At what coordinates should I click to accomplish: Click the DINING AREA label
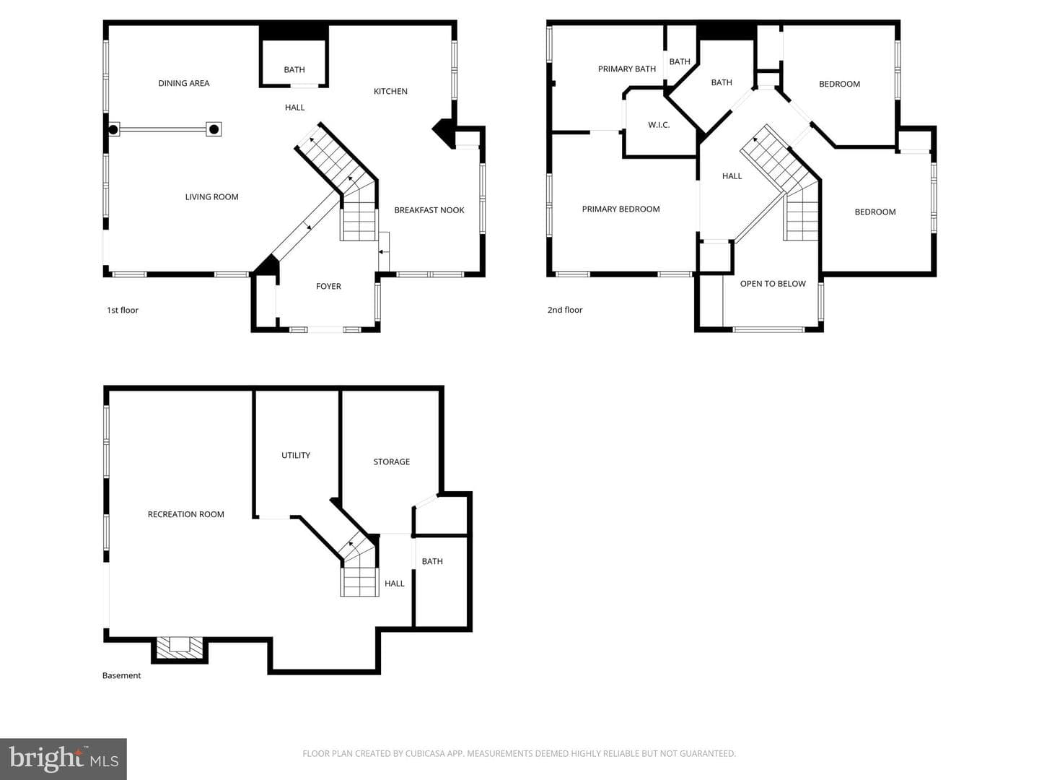pos(184,83)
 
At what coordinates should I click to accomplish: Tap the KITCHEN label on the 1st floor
pos(390,92)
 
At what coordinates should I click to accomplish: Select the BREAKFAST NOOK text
pos(429,210)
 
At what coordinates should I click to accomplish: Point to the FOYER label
pos(328,287)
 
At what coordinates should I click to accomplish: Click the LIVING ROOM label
pos(211,197)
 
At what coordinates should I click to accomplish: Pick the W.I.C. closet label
pos(659,125)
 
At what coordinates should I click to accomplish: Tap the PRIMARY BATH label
pos(627,69)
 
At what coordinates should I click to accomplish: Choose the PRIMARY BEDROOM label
pos(621,209)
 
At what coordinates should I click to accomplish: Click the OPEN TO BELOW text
pos(773,284)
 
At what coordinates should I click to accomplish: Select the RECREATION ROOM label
pos(185,514)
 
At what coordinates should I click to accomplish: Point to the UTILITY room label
pos(296,455)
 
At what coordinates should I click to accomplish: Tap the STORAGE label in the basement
pos(392,461)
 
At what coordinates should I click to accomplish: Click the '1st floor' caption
pos(122,311)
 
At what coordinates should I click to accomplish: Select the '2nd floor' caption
pos(565,310)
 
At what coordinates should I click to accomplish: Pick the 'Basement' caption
pos(121,675)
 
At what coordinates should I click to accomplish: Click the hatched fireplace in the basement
pos(180,647)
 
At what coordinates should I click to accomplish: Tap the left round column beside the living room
pos(113,129)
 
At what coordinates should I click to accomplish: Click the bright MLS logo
pos(63,759)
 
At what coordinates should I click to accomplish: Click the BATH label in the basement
pos(432,561)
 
